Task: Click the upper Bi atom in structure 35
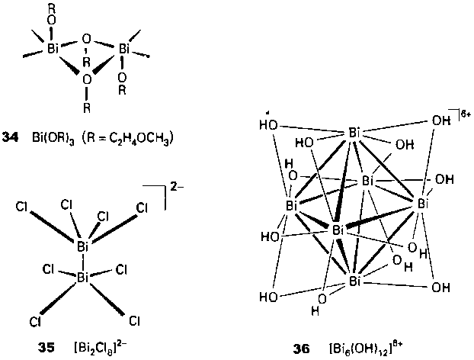click(x=84, y=246)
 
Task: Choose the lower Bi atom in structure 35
click(x=84, y=279)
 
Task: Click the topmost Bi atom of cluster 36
click(x=354, y=133)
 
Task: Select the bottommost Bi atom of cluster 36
click(x=354, y=282)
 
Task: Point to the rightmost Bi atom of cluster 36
click(x=424, y=204)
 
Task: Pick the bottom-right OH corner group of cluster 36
click(x=440, y=288)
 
